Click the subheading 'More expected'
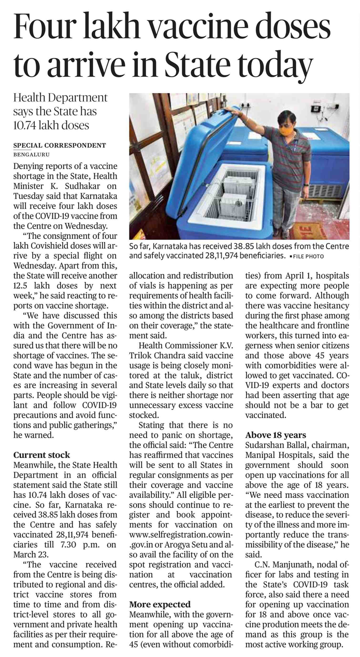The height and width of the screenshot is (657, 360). [x=160, y=604]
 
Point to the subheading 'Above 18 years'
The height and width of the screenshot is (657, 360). [x=276, y=435]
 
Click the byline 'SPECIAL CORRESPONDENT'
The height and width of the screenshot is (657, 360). [x=60, y=145]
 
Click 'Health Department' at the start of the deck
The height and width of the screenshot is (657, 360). [x=60, y=98]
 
